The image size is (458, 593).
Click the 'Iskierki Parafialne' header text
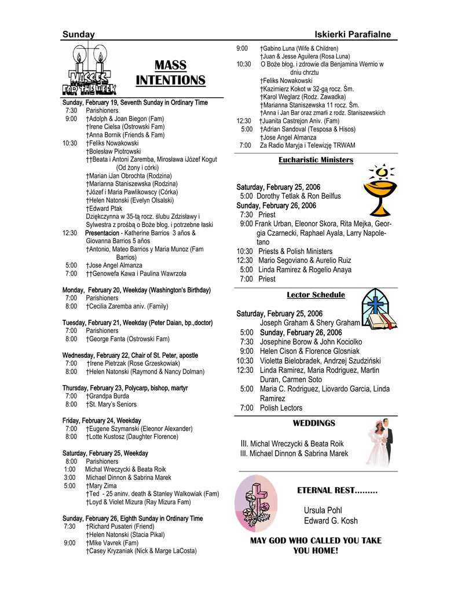(353, 35)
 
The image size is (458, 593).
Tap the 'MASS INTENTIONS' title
(170, 72)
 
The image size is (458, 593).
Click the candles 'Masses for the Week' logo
(90, 70)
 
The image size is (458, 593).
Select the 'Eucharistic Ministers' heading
(316, 160)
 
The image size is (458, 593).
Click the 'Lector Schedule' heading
(316, 295)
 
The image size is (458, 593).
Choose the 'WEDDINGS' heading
(314, 423)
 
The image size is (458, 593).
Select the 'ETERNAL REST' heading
(337, 490)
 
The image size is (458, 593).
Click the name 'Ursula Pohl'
(323, 510)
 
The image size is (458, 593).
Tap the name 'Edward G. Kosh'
(331, 521)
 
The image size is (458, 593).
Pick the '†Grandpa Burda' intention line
(105, 396)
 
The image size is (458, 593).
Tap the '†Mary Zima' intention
(101, 486)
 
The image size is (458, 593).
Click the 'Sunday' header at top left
(79, 35)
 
